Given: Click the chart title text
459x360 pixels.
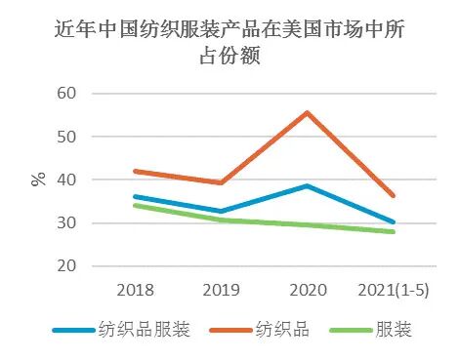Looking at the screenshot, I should coord(229,44).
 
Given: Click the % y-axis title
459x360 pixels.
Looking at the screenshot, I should coord(38,179).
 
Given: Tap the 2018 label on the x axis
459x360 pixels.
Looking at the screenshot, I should coord(135,291).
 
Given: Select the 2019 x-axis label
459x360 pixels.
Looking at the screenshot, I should coord(221,291).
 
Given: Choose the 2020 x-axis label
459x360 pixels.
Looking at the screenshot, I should coord(307,291).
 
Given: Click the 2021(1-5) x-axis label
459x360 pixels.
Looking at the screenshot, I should coord(393,291).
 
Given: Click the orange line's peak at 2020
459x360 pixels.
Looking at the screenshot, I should coord(307,112).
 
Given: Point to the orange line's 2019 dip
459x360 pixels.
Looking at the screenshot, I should coord(221,182).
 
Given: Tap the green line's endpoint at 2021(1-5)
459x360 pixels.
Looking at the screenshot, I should coord(393,231).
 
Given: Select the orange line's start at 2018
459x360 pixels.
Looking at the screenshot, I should coord(135,171).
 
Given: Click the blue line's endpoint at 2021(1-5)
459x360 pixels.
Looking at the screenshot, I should coord(393,222).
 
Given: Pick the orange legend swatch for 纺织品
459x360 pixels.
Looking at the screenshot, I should coord(233,330).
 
